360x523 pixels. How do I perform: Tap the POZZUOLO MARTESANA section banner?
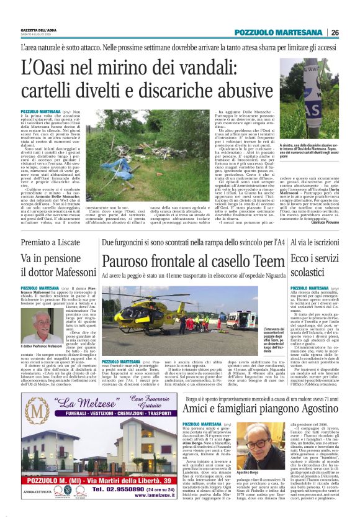(281, 32)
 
